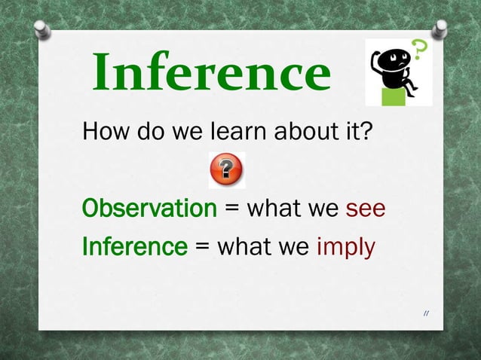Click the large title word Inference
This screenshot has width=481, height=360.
(x=211, y=73)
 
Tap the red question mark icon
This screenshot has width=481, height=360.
(x=227, y=170)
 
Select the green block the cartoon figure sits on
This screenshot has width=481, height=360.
(x=394, y=96)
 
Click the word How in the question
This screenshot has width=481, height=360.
(x=106, y=133)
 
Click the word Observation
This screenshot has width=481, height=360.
(x=149, y=208)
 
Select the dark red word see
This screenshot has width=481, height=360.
(x=366, y=208)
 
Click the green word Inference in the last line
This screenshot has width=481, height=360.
(x=134, y=246)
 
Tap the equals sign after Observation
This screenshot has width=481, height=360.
(x=232, y=209)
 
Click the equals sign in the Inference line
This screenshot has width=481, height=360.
(x=202, y=247)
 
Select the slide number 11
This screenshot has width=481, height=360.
(x=427, y=313)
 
